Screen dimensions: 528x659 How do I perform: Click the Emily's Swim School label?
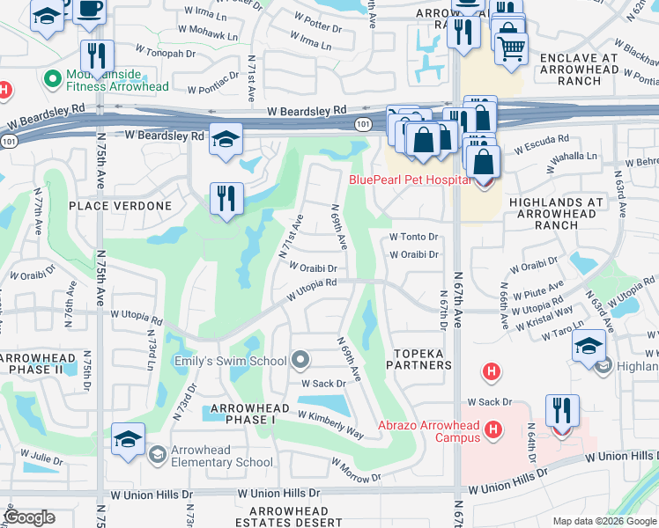click(x=232, y=361)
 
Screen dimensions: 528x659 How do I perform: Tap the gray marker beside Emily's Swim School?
click(x=301, y=360)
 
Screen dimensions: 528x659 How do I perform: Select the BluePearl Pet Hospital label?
click(x=410, y=180)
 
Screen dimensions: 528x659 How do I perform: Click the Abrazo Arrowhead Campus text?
click(x=428, y=427)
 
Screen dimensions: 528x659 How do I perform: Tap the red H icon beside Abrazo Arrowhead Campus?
click(x=493, y=429)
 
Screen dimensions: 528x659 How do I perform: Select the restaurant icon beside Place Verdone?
click(x=226, y=198)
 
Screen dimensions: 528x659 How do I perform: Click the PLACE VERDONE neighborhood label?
click(x=120, y=206)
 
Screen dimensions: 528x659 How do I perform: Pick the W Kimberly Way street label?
click(x=330, y=424)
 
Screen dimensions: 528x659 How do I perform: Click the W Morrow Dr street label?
click(x=351, y=477)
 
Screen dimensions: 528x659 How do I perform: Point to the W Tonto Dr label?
click(x=414, y=237)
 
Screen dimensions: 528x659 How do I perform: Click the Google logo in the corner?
click(x=29, y=517)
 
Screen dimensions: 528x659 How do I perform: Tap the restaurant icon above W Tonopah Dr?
click(x=97, y=55)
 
